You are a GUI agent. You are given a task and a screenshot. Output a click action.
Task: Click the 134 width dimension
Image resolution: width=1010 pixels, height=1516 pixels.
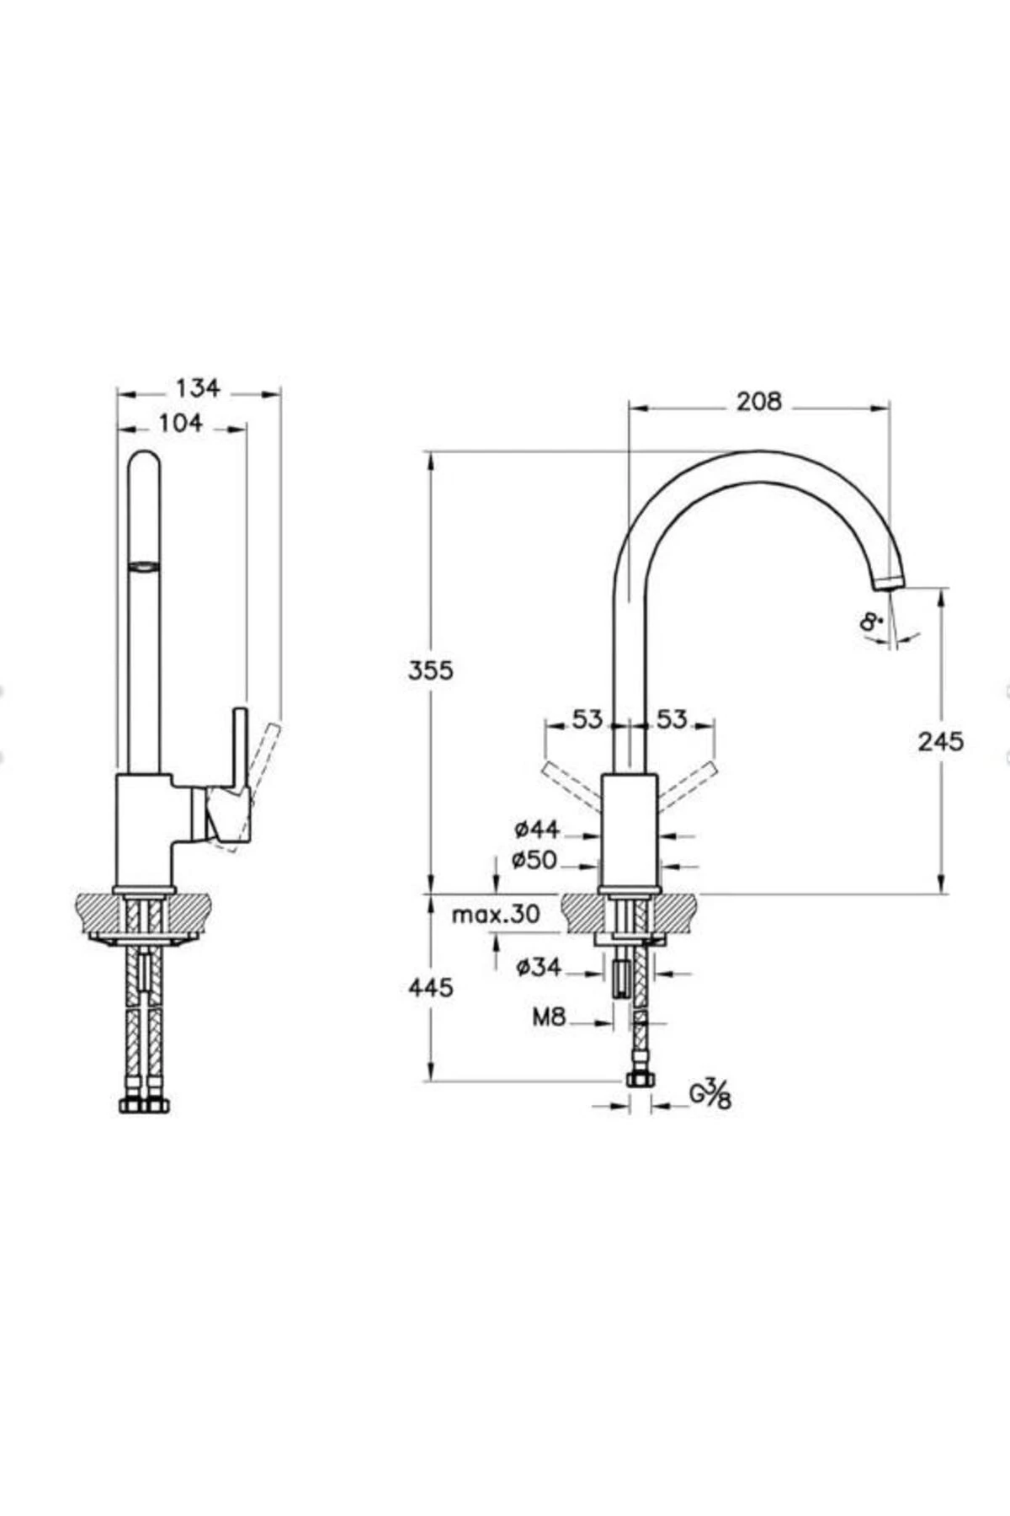pyautogui.click(x=198, y=387)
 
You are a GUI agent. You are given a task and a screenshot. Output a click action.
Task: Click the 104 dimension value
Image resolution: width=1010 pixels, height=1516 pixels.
pyautogui.click(x=181, y=423)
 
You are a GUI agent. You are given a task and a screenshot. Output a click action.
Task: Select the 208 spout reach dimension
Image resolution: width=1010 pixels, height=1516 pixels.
pyautogui.click(x=759, y=402)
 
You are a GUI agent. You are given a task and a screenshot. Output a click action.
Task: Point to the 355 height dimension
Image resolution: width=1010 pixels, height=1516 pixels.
pyautogui.click(x=430, y=670)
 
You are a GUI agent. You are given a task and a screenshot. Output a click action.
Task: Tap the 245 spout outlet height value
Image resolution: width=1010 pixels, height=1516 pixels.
pyautogui.click(x=941, y=741)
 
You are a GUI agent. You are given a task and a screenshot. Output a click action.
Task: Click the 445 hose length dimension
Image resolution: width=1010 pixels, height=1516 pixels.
pyautogui.click(x=430, y=987)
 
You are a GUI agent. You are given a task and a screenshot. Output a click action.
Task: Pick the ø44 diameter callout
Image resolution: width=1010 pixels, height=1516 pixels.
pyautogui.click(x=537, y=830)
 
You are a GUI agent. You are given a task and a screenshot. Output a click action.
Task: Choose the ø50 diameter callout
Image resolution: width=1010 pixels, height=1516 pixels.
pyautogui.click(x=534, y=860)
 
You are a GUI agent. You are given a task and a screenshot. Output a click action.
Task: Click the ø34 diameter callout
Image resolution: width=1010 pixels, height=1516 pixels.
pyautogui.click(x=539, y=968)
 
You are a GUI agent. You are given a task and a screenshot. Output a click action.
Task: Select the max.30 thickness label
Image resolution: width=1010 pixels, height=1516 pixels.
pyautogui.click(x=496, y=915)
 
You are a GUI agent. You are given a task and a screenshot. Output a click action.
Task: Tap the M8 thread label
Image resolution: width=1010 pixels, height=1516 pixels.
pyautogui.click(x=549, y=1017)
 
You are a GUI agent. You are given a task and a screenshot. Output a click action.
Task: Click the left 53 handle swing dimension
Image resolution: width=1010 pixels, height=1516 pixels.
pyautogui.click(x=588, y=719)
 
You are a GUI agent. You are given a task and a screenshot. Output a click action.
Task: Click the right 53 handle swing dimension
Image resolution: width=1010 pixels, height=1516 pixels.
pyautogui.click(x=672, y=719)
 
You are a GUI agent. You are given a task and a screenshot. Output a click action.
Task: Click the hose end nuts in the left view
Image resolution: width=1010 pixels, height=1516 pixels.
pyautogui.click(x=145, y=1104)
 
